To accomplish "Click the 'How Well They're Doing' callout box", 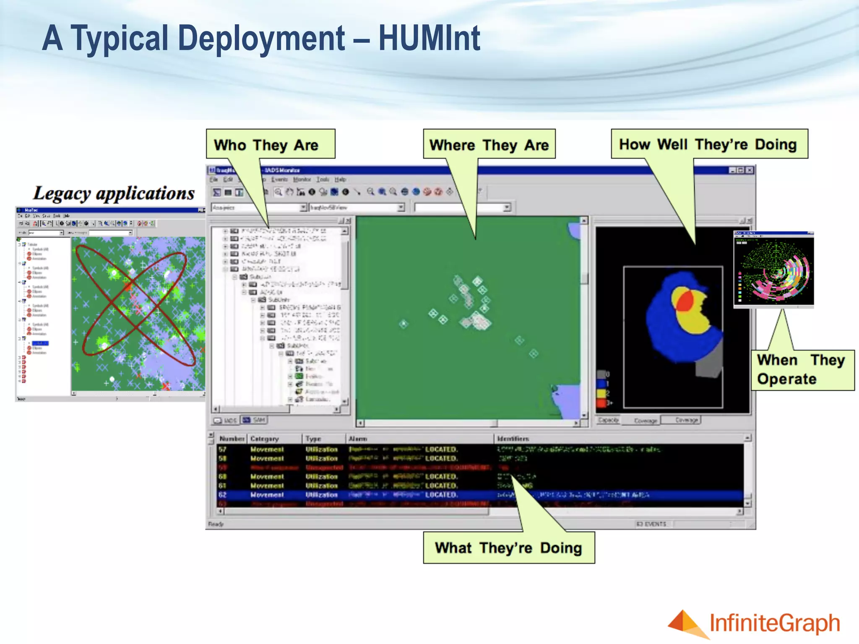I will click(709, 144).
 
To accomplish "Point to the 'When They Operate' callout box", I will click(802, 370).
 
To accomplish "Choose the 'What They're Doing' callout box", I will click(508, 548).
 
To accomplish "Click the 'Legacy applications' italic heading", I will click(114, 193).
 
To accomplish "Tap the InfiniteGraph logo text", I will click(775, 623).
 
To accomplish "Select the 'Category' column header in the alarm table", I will click(265, 439).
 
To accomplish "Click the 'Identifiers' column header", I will click(513, 439).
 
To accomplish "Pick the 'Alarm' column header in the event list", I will click(358, 439).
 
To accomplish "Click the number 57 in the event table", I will click(222, 449).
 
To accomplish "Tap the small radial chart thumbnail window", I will click(774, 269).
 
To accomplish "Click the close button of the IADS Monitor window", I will click(750, 170).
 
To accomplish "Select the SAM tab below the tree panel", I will click(254, 420).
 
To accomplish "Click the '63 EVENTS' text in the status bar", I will click(651, 524).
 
